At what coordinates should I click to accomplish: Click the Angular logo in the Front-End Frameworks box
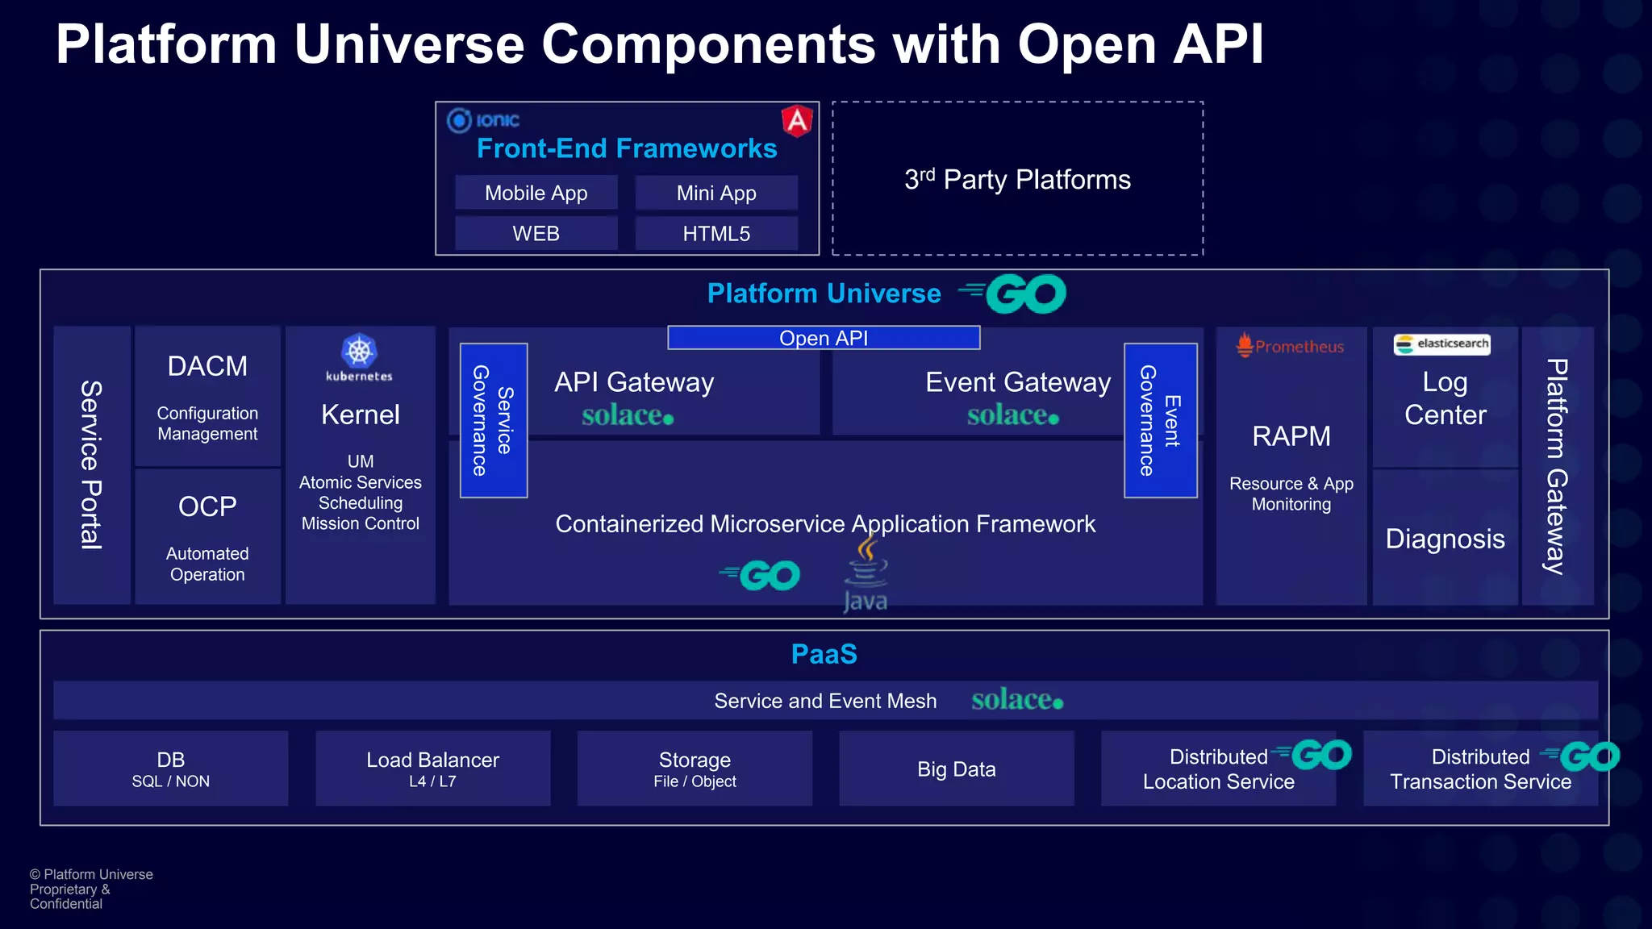click(x=797, y=121)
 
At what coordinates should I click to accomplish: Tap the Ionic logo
click(x=484, y=120)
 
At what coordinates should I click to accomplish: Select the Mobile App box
click(x=536, y=193)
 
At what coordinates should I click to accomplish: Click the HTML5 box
click(x=716, y=234)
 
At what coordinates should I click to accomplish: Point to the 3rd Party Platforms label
click(x=1017, y=179)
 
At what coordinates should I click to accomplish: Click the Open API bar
click(x=824, y=338)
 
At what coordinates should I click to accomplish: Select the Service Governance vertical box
click(x=494, y=420)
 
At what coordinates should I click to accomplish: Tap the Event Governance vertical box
click(x=1160, y=420)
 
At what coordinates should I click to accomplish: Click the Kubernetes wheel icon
click(x=359, y=351)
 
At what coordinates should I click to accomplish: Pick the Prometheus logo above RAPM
click(x=1290, y=346)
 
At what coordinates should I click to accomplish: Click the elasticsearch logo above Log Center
click(x=1441, y=344)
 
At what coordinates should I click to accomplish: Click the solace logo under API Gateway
click(x=627, y=415)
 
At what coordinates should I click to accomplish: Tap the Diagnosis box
click(x=1445, y=538)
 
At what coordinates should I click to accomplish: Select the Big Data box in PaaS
click(x=956, y=769)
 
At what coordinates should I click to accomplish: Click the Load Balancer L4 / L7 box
click(x=432, y=769)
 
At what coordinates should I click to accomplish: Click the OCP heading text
click(x=207, y=506)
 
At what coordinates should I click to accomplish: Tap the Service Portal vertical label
click(x=91, y=464)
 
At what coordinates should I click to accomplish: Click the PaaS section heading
click(x=824, y=654)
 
